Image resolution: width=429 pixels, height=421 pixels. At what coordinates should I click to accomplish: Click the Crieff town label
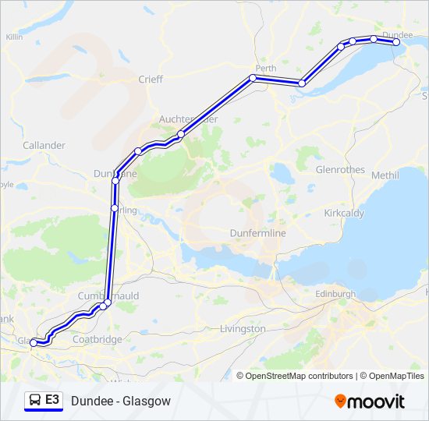click(150, 79)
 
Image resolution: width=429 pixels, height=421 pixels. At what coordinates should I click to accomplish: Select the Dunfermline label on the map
click(258, 233)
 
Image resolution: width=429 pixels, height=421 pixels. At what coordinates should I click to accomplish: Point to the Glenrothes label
click(340, 169)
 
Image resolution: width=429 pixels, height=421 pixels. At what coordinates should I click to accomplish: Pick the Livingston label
click(243, 329)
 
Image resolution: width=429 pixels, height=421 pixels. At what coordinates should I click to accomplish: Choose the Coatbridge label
click(97, 339)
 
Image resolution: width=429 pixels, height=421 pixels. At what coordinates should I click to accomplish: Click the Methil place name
click(385, 175)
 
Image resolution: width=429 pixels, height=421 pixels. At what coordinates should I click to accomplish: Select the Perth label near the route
click(266, 69)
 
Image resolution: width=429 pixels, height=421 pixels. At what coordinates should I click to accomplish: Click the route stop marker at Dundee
click(396, 42)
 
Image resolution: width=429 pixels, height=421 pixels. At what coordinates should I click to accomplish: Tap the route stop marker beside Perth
click(253, 78)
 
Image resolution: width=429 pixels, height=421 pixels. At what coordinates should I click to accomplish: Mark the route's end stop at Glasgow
click(33, 342)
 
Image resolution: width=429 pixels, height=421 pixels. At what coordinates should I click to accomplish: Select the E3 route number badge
click(52, 400)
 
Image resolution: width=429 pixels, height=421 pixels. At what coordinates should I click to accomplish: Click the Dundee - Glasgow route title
click(120, 401)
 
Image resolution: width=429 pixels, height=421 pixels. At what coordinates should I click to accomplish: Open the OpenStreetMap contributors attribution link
click(299, 376)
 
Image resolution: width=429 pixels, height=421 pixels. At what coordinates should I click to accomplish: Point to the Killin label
click(14, 37)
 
